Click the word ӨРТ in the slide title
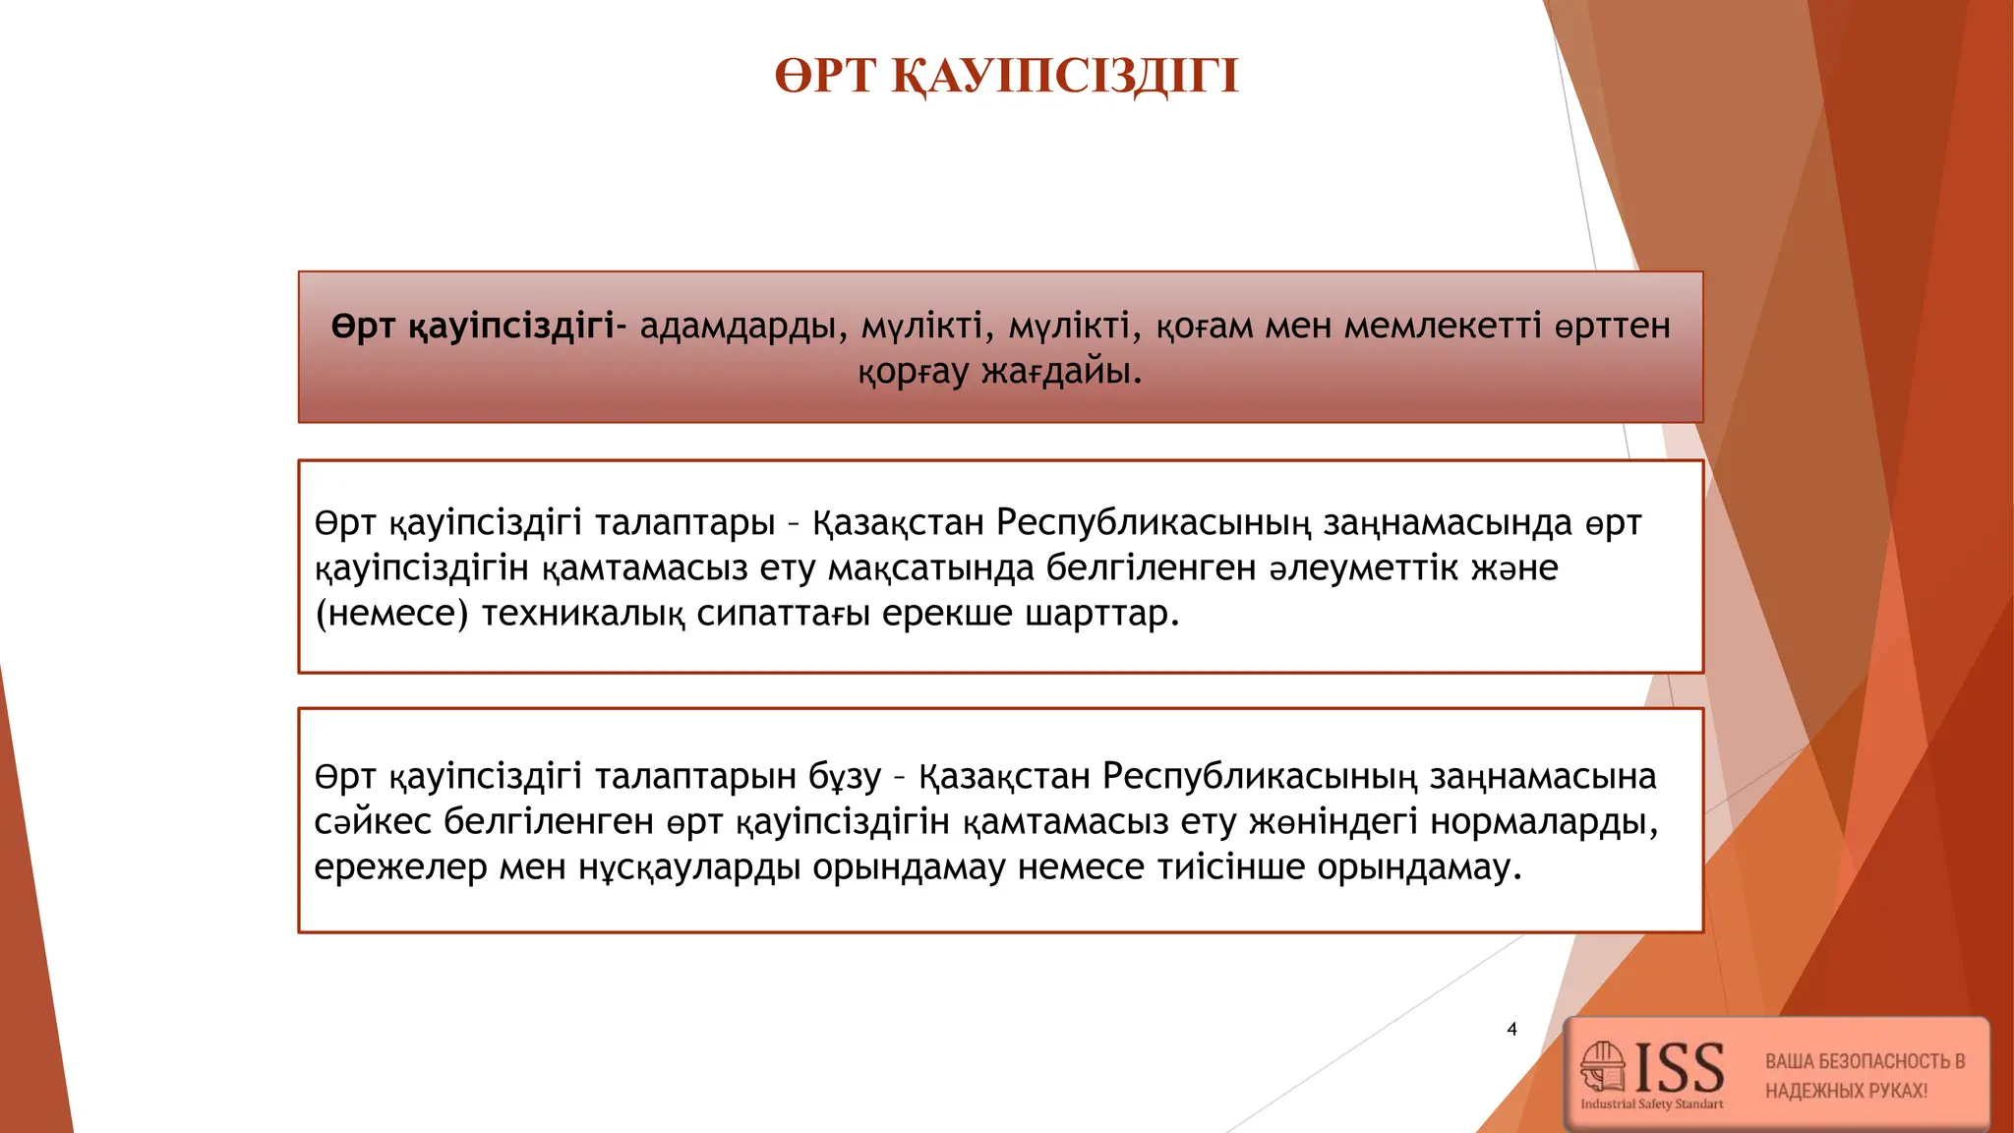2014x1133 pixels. [x=824, y=76]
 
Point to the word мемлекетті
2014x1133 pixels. [x=1443, y=326]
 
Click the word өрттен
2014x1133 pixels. [x=1613, y=326]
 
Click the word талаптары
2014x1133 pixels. [x=685, y=522]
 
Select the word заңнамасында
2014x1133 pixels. [x=1448, y=522]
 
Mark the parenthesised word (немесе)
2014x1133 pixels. [x=391, y=614]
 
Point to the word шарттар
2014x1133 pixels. [x=1101, y=614]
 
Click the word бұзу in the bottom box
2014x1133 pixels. [x=845, y=776]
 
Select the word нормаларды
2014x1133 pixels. [x=1545, y=821]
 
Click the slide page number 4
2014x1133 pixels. [x=1511, y=1029]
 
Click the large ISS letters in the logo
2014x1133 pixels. [x=1680, y=1068]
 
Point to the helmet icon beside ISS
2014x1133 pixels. [x=1603, y=1066]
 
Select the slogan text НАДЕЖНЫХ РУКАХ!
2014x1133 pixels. [x=1846, y=1091]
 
